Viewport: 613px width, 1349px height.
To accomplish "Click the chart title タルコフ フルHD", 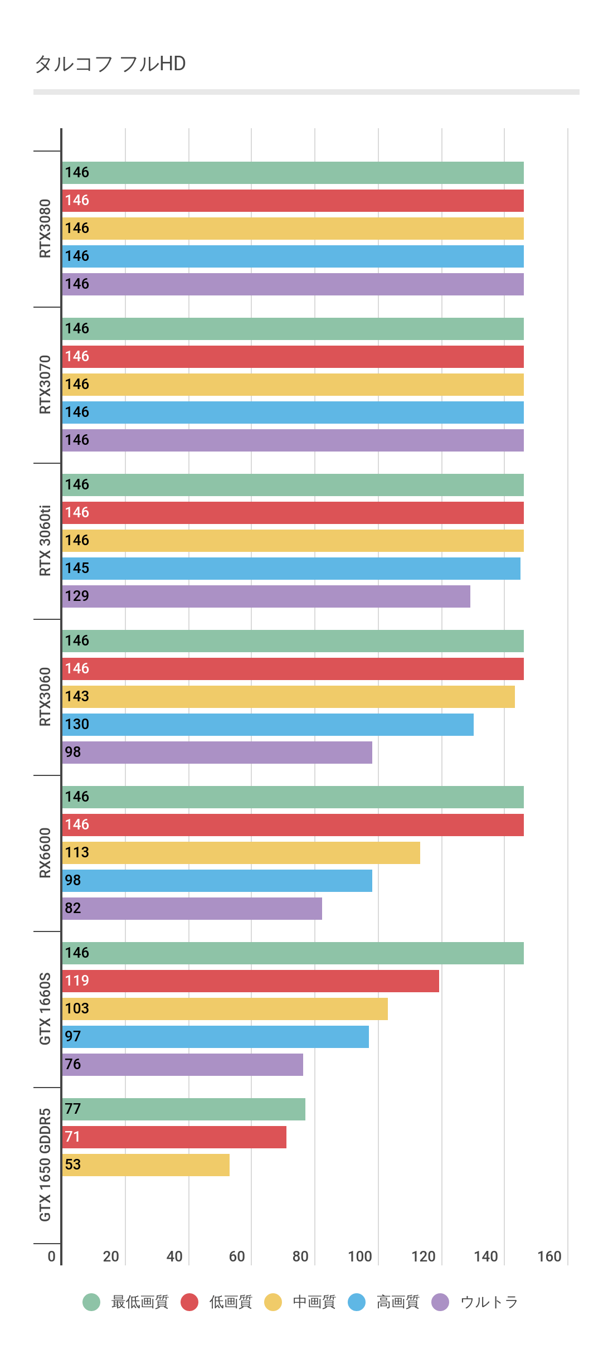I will coord(110,64).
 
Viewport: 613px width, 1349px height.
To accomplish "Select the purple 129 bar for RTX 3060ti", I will coord(266,596).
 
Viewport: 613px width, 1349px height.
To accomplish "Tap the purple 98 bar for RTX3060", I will coord(217,753).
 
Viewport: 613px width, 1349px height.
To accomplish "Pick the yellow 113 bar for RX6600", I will coord(241,853).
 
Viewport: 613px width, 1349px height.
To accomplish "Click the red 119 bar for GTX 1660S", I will coord(251,981).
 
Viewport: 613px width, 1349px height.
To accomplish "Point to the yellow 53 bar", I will coord(146,1165).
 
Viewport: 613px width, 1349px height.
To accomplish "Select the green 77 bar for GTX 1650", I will coord(184,1109).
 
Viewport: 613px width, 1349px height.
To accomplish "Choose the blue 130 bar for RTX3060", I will coord(268,725).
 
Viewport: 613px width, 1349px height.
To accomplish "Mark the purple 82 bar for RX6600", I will coord(192,909).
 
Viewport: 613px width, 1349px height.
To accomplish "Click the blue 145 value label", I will coord(77,569).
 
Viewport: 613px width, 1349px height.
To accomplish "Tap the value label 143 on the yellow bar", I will coord(77,697).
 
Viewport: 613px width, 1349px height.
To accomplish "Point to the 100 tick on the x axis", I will coord(360,1256).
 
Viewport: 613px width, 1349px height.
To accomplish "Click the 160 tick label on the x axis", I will coord(549,1256).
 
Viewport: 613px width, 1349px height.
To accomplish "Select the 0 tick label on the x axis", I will coord(52,1256).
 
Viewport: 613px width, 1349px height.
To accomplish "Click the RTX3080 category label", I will coord(45,229).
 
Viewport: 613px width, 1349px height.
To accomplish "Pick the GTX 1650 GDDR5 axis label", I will coord(45,1165).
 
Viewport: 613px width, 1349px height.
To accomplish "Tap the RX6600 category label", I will coord(45,853).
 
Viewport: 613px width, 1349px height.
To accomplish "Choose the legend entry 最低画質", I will coord(139,1302).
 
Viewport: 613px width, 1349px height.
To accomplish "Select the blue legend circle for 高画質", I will coord(357,1302).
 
